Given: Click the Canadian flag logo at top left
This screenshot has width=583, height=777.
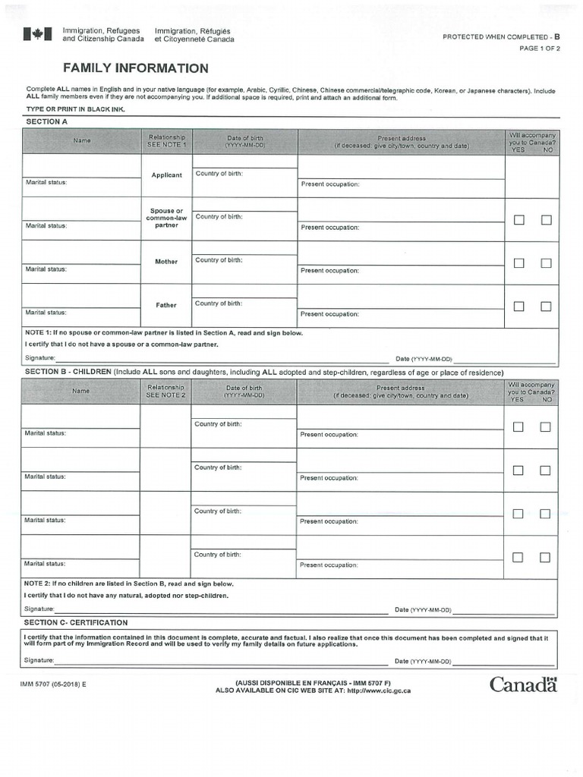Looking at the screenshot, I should [37, 34].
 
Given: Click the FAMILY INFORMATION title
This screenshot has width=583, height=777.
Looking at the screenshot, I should [135, 68].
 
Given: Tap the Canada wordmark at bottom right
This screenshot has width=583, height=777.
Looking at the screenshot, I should [523, 684].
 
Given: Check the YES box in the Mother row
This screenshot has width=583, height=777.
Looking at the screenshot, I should [519, 263].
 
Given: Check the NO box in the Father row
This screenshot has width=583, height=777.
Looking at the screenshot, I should [546, 307].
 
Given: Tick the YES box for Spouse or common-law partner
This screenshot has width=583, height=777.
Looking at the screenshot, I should [519, 220].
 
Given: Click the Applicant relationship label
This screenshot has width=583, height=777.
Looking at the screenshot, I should [166, 175].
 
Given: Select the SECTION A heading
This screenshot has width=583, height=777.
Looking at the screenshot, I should [46, 121].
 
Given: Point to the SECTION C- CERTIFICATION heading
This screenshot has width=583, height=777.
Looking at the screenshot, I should [76, 622].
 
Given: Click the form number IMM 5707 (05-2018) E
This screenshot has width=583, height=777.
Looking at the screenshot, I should [53, 684].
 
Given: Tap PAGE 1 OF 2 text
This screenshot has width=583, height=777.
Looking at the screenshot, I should [539, 49].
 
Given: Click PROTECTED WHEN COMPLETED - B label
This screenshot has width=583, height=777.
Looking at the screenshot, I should [501, 36].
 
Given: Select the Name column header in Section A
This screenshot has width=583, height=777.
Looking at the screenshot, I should [81, 140].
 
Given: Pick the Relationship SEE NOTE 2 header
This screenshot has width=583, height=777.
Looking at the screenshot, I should [165, 392].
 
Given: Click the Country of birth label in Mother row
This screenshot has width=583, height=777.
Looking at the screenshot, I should [219, 260].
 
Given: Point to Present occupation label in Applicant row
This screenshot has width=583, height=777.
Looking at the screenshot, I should [330, 184].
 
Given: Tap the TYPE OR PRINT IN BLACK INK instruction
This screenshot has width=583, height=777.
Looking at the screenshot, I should [75, 109].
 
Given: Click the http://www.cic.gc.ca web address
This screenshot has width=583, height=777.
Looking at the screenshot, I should [379, 690].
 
